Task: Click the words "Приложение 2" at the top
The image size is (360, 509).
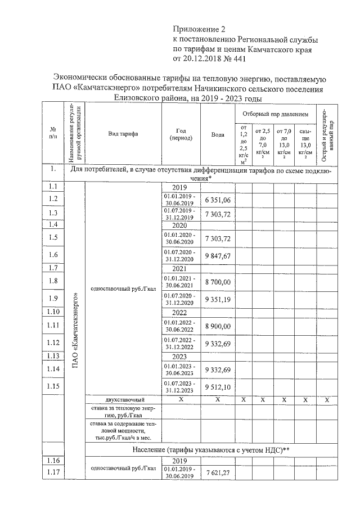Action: [x=198, y=29]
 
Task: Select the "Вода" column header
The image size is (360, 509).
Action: [x=218, y=134]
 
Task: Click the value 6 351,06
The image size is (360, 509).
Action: [x=218, y=199]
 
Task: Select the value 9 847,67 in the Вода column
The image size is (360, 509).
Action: [x=218, y=256]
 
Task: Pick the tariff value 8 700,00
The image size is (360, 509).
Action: [x=218, y=280]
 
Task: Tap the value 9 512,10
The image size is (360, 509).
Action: [x=218, y=387]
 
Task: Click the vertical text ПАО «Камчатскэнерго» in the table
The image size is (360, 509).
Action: [x=75, y=332]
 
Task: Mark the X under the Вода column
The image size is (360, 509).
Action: [x=218, y=399]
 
